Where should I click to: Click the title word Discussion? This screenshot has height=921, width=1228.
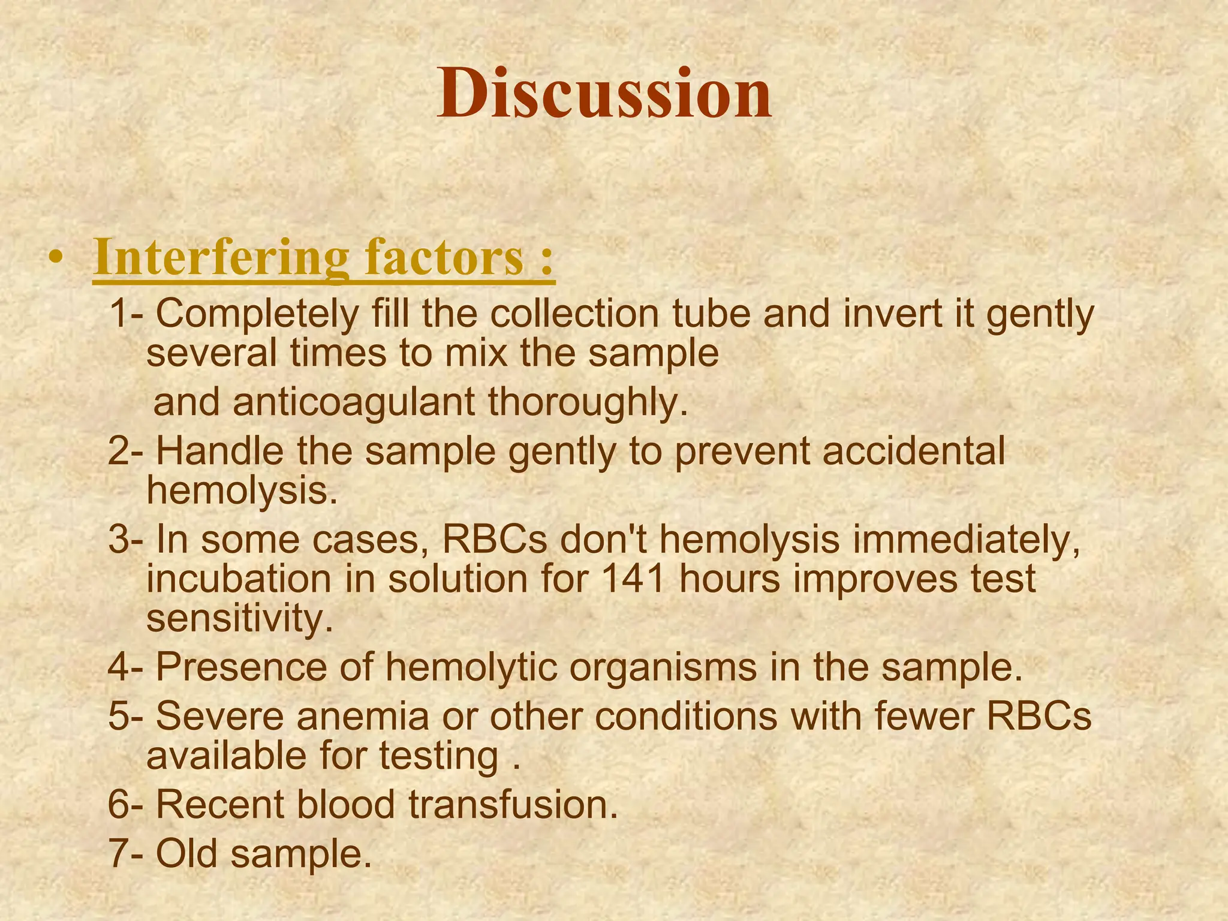click(x=604, y=95)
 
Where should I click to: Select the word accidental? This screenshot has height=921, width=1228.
click(x=913, y=451)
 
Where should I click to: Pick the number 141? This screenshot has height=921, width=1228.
click(x=633, y=580)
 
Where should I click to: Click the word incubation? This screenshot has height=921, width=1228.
click(x=239, y=580)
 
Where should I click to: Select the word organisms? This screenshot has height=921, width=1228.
click(x=663, y=667)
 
